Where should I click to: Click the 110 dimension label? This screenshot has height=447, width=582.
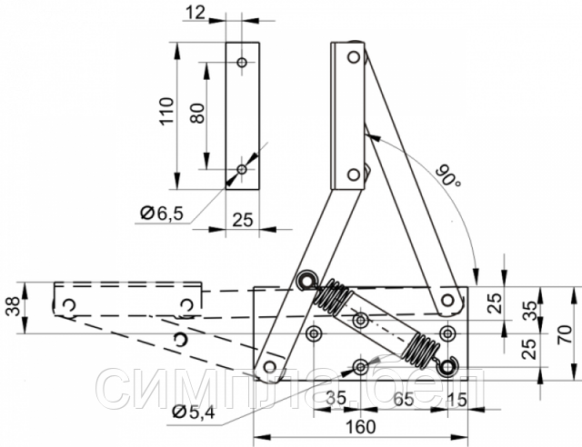coord(167,111)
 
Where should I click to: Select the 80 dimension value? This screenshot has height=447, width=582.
coord(197,114)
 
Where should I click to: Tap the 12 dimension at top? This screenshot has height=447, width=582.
coord(196,13)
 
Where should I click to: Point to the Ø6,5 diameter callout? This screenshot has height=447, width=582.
coord(162,214)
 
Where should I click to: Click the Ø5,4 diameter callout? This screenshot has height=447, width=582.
coord(194,412)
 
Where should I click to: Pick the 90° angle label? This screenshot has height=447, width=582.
coord(448,176)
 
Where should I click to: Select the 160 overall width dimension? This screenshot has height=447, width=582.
coord(361,427)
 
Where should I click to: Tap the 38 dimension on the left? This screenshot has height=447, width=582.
coord(14,305)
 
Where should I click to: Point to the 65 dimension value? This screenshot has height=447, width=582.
coord(404,400)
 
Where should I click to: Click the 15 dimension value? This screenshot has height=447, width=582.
coord(457,400)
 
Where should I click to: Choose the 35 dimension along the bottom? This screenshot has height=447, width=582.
coord(336,399)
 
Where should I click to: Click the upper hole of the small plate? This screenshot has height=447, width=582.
coord(243,62)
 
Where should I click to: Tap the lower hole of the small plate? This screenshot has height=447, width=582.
coord(242,170)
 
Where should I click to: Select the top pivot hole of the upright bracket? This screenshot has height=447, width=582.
coord(354,57)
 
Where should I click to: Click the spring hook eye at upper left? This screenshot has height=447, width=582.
coord(306,281)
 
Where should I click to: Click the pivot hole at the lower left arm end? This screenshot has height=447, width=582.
coord(269,367)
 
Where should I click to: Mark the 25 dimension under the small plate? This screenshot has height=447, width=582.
coord(243,220)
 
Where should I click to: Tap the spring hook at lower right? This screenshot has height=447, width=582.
coord(448,367)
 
